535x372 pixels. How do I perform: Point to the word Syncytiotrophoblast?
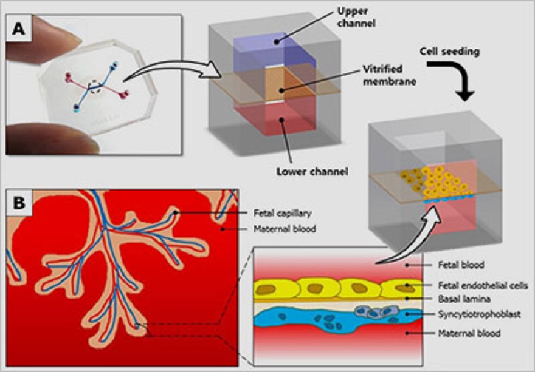click(480, 314)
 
